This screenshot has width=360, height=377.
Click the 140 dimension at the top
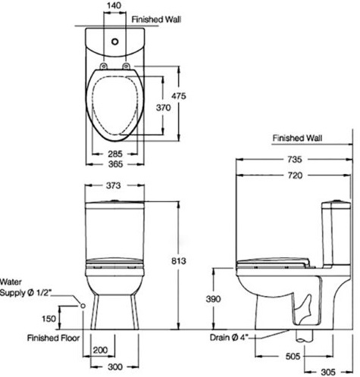tap(114, 5)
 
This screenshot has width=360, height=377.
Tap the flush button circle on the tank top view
tap(115, 42)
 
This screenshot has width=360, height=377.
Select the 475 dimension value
tap(179, 96)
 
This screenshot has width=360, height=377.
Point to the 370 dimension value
tap(164, 107)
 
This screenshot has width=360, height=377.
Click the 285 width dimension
tap(115, 154)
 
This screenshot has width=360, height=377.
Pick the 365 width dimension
tap(115, 164)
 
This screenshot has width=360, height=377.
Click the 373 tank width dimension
tap(113, 185)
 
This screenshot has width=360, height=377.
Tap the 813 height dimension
tap(179, 261)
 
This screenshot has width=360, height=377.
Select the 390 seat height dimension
tap(213, 299)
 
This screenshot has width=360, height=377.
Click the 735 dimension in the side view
tap(295, 160)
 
